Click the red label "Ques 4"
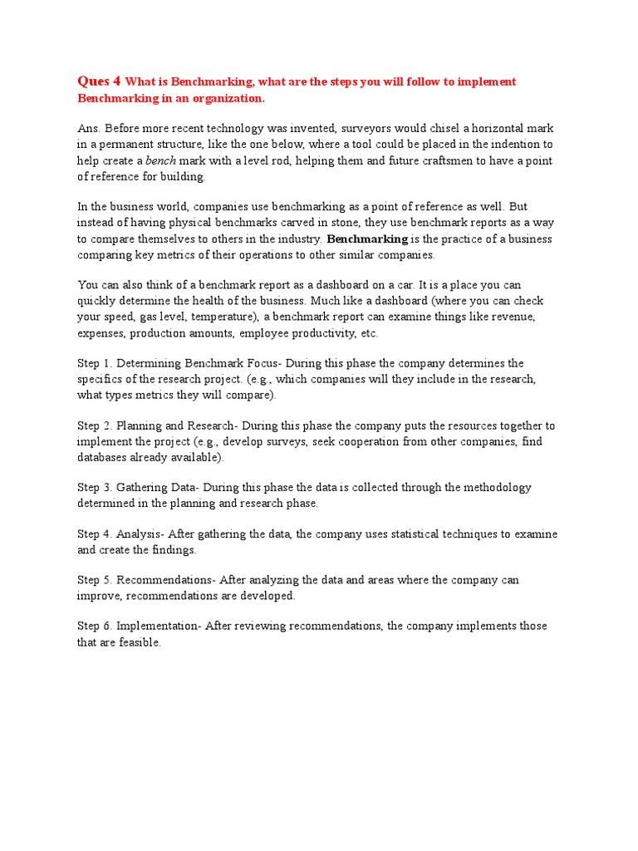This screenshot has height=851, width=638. pyautogui.click(x=99, y=81)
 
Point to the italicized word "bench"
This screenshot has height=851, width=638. pyautogui.click(x=160, y=160)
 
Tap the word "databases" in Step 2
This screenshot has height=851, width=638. pyautogui.click(x=104, y=457)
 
